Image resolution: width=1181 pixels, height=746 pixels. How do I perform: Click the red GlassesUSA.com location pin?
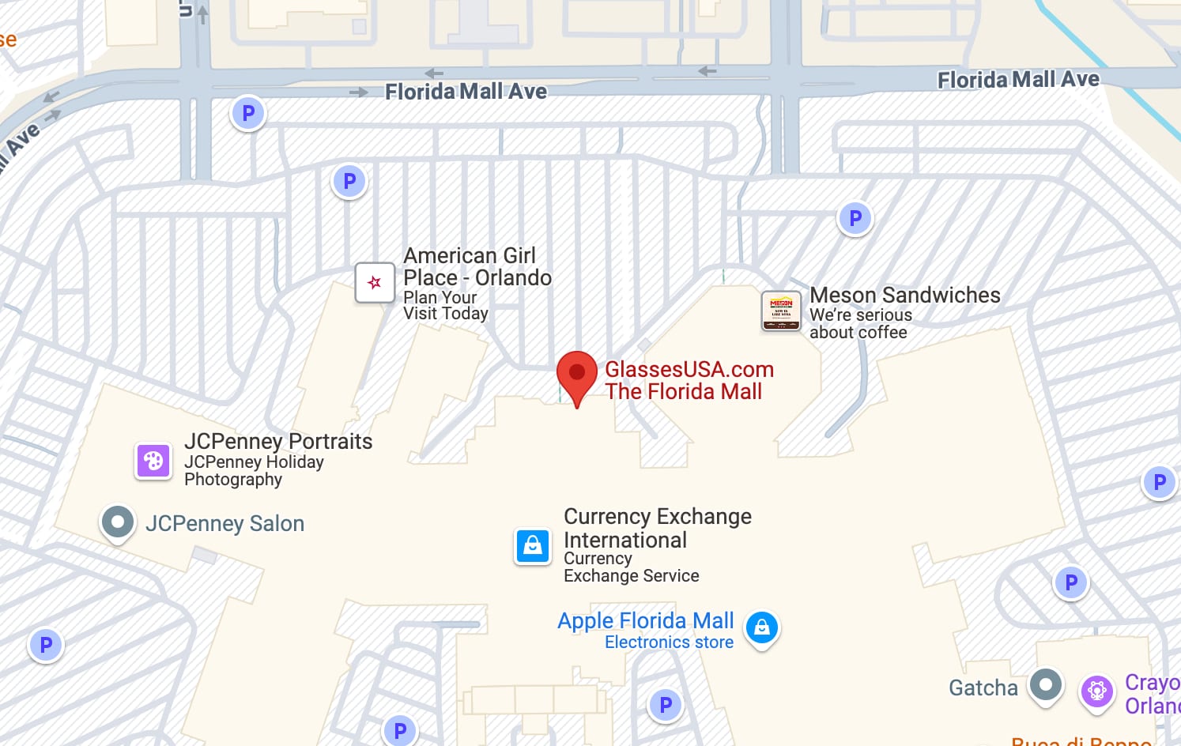pyautogui.click(x=577, y=374)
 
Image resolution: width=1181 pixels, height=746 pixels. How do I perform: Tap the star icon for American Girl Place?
pyautogui.click(x=375, y=283)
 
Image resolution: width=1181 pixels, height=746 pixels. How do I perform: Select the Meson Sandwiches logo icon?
pyautogui.click(x=781, y=311)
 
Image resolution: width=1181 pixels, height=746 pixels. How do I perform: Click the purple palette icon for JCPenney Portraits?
pyautogui.click(x=153, y=461)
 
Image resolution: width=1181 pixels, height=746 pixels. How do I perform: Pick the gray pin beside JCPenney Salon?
pyautogui.click(x=118, y=522)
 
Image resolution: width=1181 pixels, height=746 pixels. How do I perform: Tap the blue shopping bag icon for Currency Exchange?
pyautogui.click(x=533, y=546)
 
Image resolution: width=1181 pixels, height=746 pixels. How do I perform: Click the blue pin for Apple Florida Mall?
pyautogui.click(x=762, y=628)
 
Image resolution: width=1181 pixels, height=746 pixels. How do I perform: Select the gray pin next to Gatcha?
pyautogui.click(x=1046, y=685)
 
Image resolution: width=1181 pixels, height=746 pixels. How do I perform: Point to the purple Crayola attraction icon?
pyautogui.click(x=1096, y=691)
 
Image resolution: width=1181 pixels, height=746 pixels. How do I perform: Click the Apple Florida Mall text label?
pyautogui.click(x=645, y=621)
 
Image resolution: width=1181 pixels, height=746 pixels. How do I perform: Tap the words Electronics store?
pyautogui.click(x=669, y=642)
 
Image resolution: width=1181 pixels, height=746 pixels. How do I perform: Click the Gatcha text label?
pyautogui.click(x=983, y=688)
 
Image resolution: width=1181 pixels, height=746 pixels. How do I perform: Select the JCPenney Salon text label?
pyautogui.click(x=225, y=524)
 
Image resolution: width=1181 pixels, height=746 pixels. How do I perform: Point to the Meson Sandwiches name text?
pyautogui.click(x=905, y=296)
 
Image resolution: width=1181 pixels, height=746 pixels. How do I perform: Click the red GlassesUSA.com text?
pyautogui.click(x=689, y=370)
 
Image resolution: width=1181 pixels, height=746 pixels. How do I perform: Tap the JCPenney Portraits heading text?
pyautogui.click(x=278, y=442)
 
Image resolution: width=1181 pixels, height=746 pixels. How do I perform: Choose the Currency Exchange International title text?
pyautogui.click(x=657, y=528)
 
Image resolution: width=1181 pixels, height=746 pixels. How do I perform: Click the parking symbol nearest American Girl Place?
pyautogui.click(x=349, y=182)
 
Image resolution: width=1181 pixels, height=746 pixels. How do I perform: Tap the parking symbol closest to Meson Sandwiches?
pyautogui.click(x=855, y=218)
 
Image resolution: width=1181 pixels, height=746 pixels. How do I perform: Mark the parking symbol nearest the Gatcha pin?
pyautogui.click(x=1071, y=583)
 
